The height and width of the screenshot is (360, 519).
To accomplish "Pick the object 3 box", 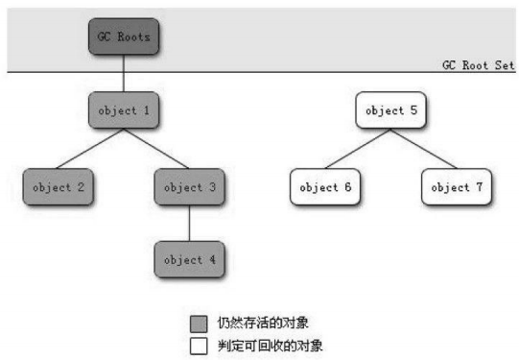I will pos(189,187).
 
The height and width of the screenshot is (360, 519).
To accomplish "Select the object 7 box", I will pos(456,187).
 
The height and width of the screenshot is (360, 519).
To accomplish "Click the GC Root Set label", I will pos(477,63).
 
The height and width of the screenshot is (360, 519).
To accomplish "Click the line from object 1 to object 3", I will pos(156,149).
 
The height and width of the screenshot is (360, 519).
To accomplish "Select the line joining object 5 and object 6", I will pos(358,149).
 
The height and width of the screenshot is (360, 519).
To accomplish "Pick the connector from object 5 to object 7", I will pos(423,149).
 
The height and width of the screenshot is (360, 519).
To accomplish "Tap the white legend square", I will pos(199,344).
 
